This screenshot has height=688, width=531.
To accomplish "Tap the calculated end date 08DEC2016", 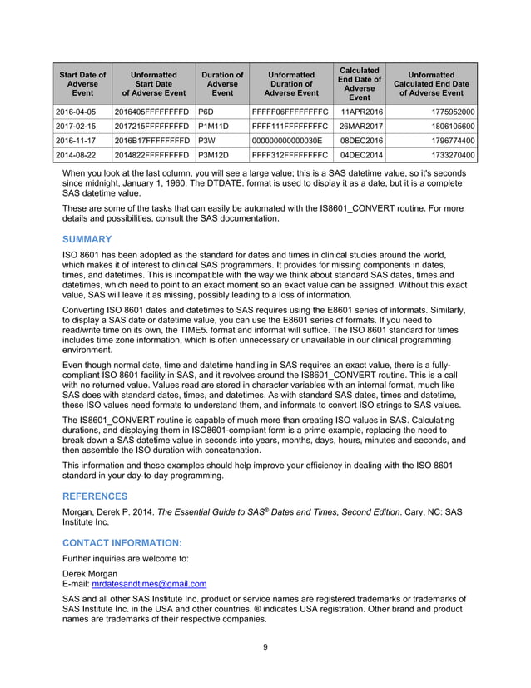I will coord(361,141).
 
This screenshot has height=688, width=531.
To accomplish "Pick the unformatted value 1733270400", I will coord(447,156).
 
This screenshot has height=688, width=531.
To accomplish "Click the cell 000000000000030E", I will coord(287,141).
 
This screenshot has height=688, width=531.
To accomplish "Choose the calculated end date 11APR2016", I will coord(361,111).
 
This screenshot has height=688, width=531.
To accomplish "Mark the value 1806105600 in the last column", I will coord(447,126).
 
